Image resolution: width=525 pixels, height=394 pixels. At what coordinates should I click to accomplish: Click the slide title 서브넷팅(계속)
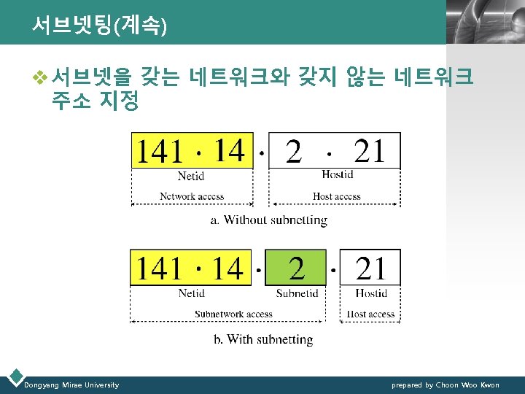click(x=99, y=26)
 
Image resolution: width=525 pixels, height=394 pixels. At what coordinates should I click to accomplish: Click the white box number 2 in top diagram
click(x=294, y=152)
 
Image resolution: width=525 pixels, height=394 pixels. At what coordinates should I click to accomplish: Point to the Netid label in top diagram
click(x=191, y=175)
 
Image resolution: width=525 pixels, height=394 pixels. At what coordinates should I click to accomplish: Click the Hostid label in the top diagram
click(x=337, y=174)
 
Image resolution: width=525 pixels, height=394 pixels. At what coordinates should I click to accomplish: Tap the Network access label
click(x=192, y=196)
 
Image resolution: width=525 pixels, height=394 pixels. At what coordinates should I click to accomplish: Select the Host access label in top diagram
click(x=336, y=196)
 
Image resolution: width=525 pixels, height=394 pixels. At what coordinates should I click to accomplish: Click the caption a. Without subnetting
click(x=268, y=220)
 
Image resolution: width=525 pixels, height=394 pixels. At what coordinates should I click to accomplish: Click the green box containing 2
click(x=295, y=269)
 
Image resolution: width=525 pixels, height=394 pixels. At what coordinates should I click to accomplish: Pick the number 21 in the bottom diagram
click(x=371, y=269)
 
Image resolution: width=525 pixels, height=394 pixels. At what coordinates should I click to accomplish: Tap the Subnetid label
click(x=297, y=293)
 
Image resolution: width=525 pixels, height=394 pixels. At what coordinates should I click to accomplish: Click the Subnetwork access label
click(x=233, y=314)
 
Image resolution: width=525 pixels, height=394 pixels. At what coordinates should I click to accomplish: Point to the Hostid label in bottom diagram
click(x=371, y=293)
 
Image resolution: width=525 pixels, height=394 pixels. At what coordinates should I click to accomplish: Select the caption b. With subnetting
click(x=262, y=339)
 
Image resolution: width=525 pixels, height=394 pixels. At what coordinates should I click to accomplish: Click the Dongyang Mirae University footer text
click(x=71, y=385)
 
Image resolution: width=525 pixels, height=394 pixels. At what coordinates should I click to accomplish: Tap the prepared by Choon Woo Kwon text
click(x=446, y=385)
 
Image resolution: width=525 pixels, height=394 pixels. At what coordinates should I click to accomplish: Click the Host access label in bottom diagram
click(x=371, y=314)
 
